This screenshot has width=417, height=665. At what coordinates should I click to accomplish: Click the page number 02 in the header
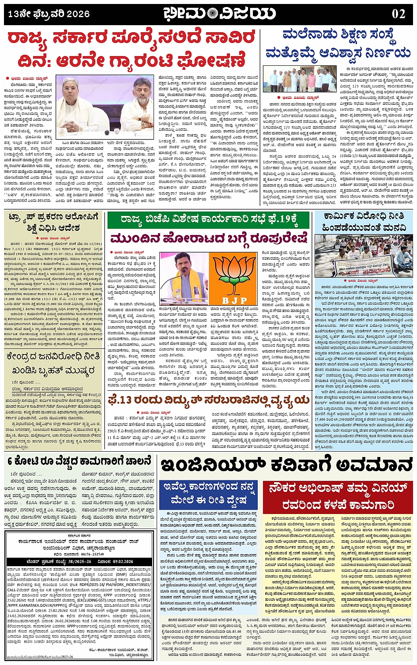click(398, 14)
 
